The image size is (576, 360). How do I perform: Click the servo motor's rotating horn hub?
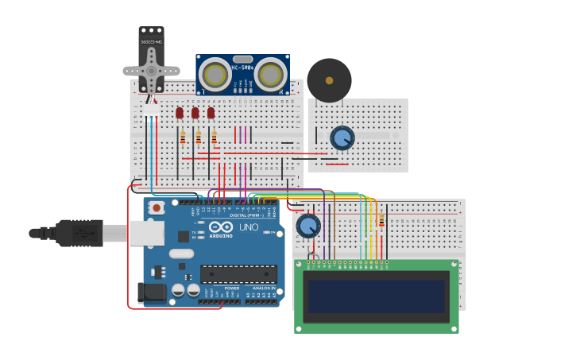[x=151, y=69]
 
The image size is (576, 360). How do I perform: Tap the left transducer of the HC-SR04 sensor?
[x=215, y=75]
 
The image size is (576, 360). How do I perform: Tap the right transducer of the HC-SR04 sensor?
[x=271, y=75]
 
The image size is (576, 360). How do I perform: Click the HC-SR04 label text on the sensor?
[x=242, y=68]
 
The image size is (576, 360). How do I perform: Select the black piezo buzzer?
[x=329, y=80]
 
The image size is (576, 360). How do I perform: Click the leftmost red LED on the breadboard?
[x=180, y=113]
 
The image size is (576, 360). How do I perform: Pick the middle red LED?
[x=195, y=113]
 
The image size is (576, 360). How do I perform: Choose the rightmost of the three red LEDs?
[x=211, y=113]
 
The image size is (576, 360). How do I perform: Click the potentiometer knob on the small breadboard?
[x=342, y=138]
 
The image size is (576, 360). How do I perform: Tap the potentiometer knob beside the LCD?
[x=308, y=226]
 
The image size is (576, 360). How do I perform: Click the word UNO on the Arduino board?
[x=249, y=227]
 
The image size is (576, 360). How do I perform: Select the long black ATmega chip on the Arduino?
[x=238, y=274]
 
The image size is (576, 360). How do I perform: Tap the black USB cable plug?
[x=79, y=233]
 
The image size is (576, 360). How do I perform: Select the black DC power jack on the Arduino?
[x=152, y=292]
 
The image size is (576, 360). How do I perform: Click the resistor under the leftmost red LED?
[x=183, y=137]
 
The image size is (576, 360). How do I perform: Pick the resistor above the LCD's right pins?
[x=381, y=221]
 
